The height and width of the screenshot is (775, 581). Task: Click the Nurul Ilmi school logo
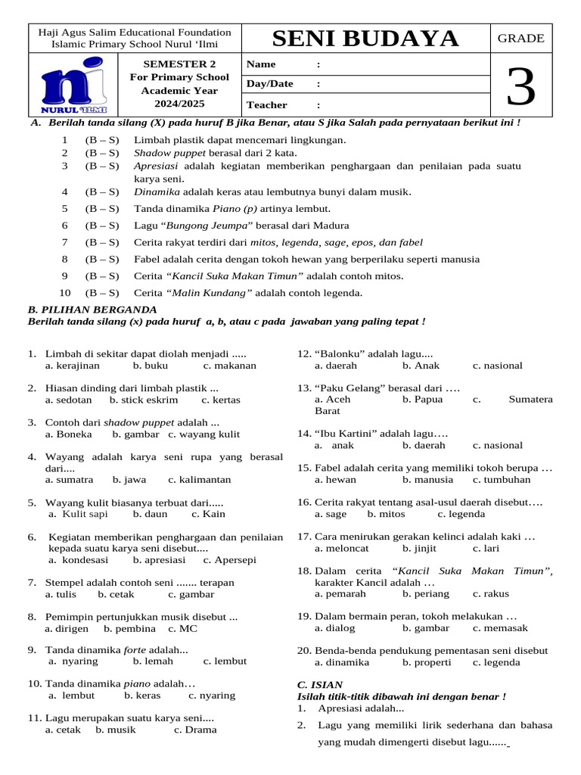[x=74, y=85]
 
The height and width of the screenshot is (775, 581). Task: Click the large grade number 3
[x=521, y=86]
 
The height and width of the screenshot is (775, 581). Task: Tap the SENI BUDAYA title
[x=365, y=39]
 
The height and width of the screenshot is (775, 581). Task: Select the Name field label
[x=261, y=64]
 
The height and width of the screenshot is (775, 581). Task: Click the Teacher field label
[x=266, y=104]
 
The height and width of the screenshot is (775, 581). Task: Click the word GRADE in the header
[x=520, y=38]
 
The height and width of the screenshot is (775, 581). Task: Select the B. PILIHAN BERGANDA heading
[x=92, y=310]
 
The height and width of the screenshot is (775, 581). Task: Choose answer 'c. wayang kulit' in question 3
[x=204, y=434]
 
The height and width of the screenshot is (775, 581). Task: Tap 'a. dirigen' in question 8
[x=67, y=628]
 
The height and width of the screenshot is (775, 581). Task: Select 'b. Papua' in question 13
[x=422, y=399]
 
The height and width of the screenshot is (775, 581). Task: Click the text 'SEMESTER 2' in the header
[x=180, y=64]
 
